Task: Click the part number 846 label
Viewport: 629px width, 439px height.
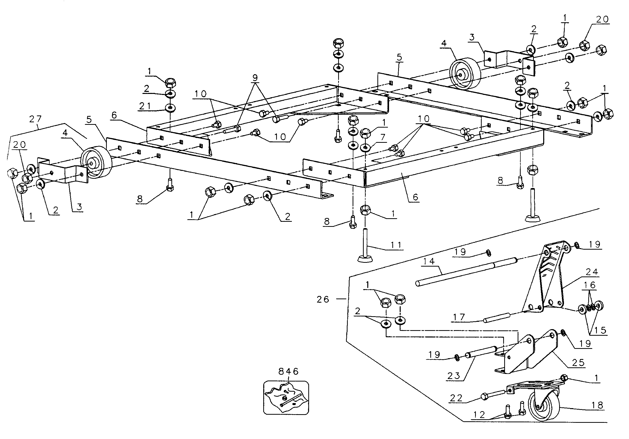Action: pyautogui.click(x=288, y=371)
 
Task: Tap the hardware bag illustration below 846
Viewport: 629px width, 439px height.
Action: pyautogui.click(x=286, y=398)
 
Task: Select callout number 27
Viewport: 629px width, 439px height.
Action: pyautogui.click(x=35, y=119)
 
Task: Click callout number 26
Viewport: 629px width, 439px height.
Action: pyautogui.click(x=323, y=300)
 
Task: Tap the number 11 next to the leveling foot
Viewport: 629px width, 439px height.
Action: pyautogui.click(x=396, y=245)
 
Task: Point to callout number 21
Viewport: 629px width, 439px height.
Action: pyautogui.click(x=145, y=106)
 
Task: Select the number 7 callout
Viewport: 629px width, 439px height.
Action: pyautogui.click(x=382, y=137)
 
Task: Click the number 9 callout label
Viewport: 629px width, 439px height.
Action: pyautogui.click(x=255, y=78)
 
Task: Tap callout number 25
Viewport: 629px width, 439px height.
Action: pyautogui.click(x=578, y=363)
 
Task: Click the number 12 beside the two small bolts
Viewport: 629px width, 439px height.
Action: pyautogui.click(x=479, y=415)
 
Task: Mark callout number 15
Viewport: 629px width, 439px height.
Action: pyautogui.click(x=600, y=330)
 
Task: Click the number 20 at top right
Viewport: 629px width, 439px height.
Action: pyautogui.click(x=602, y=19)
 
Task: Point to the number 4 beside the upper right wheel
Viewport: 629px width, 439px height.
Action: pyautogui.click(x=444, y=43)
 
